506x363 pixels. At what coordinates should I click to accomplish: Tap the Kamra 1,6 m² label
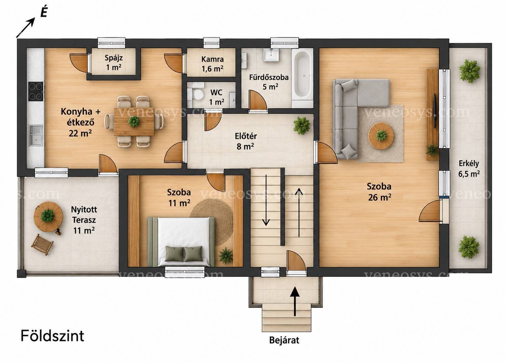click(x=213, y=64)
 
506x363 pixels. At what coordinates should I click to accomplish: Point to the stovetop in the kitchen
click(x=36, y=92)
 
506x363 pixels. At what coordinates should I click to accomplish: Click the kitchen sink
click(x=36, y=136)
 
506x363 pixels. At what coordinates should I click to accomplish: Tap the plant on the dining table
click(x=134, y=121)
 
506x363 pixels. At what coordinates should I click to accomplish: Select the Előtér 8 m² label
click(x=245, y=141)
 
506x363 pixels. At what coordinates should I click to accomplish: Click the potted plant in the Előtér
click(x=302, y=126)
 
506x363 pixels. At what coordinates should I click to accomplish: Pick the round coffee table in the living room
click(x=381, y=136)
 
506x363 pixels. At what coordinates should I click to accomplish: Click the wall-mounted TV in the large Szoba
click(x=435, y=111)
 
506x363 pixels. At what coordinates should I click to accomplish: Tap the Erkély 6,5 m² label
click(x=469, y=169)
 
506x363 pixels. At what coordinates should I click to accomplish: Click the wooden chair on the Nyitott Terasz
click(x=42, y=244)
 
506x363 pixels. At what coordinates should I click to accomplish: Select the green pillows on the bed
click(x=184, y=254)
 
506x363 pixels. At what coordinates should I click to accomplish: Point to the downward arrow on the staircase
click(x=266, y=200)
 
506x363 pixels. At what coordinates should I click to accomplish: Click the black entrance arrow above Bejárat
click(x=295, y=301)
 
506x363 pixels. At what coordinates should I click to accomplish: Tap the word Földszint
click(x=52, y=336)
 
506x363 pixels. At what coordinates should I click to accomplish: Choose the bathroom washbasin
click(x=271, y=55)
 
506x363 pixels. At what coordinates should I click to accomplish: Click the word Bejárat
click(x=284, y=340)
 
